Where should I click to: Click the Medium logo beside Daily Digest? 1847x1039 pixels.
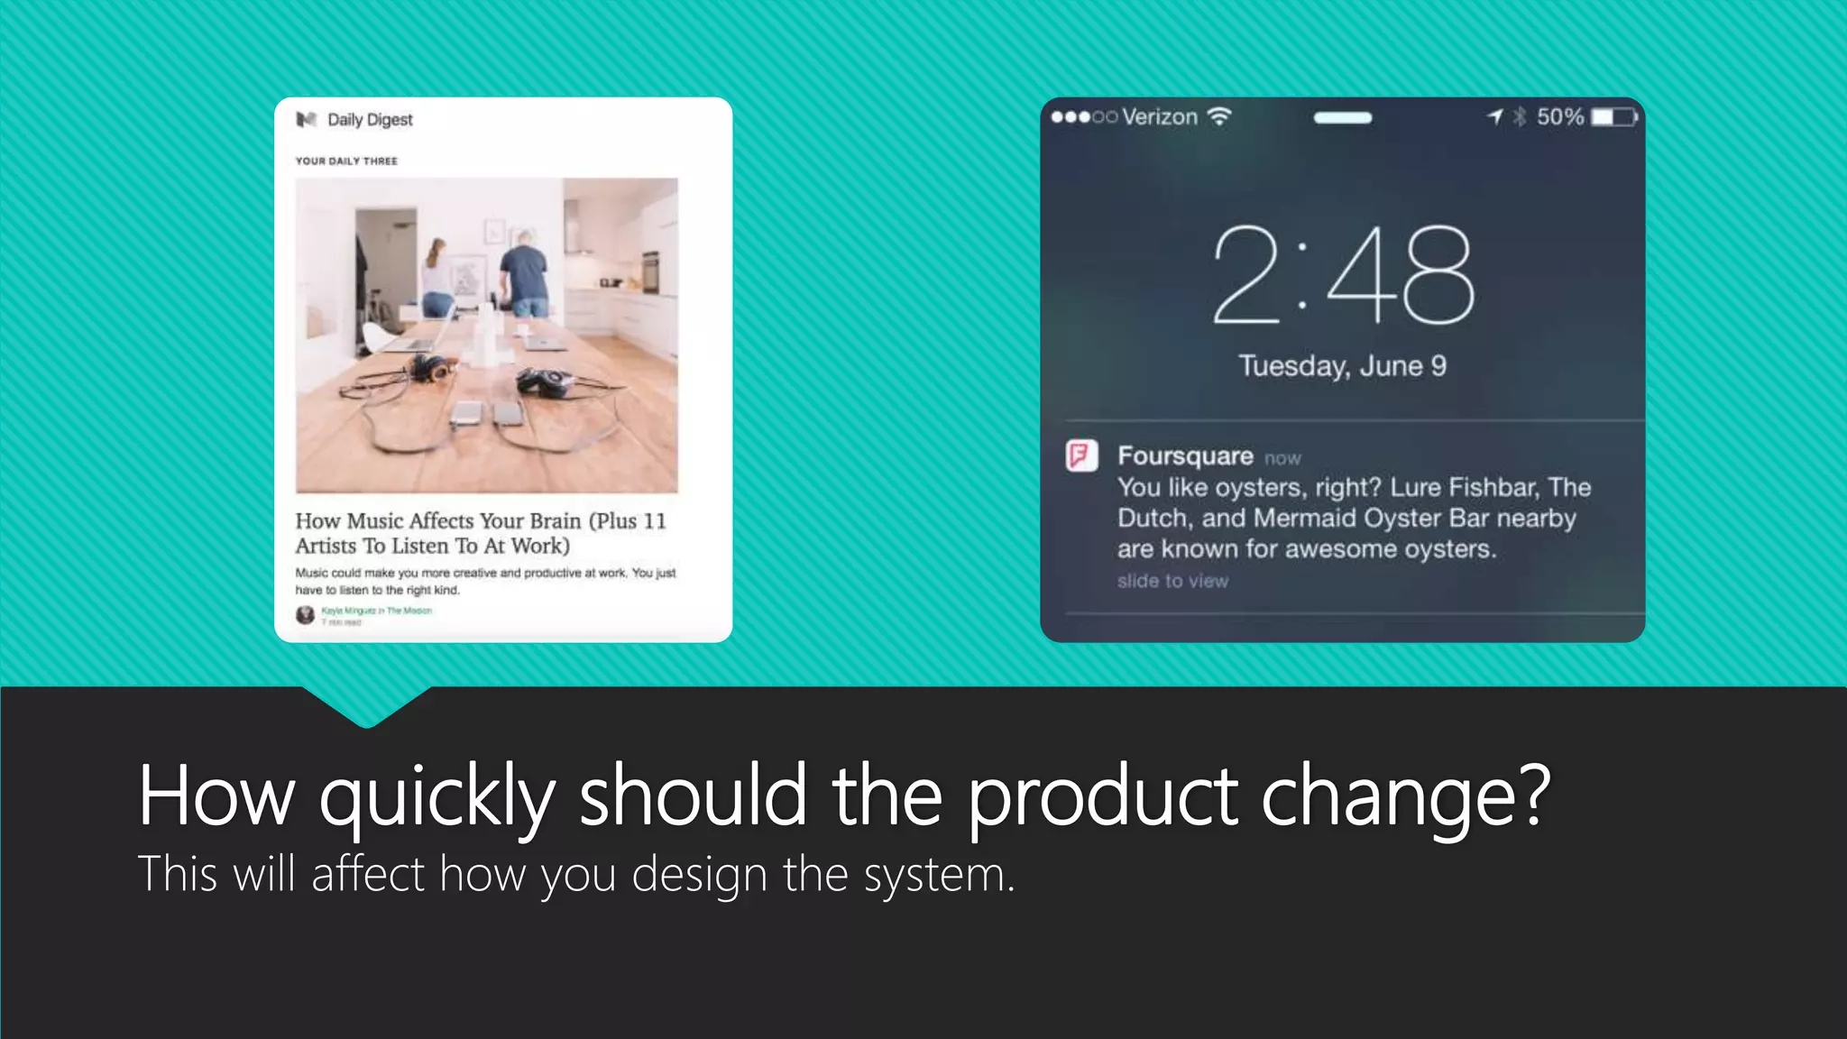tap(307, 119)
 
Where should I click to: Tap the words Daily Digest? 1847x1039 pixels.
tap(370, 120)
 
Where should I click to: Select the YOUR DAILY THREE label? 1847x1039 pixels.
tap(346, 161)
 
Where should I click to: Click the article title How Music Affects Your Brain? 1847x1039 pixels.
tap(480, 533)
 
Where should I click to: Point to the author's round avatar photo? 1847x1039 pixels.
tap(306, 615)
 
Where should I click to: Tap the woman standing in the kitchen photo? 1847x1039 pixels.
tap(436, 275)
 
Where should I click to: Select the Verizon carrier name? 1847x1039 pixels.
tap(1160, 117)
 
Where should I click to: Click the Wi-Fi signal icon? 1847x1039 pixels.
tap(1219, 116)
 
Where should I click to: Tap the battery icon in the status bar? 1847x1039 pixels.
tap(1613, 117)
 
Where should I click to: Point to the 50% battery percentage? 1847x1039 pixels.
tap(1560, 117)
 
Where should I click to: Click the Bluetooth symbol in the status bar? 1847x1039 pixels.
tap(1520, 117)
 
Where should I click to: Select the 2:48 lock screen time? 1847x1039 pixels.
tap(1343, 275)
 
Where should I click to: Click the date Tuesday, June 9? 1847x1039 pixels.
tap(1342, 365)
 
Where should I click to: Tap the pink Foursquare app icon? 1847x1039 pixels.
tap(1081, 455)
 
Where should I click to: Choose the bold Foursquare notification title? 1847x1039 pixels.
tap(1185, 456)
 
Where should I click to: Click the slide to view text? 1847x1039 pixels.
tap(1172, 582)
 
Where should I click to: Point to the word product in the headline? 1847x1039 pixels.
tap(1102, 795)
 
